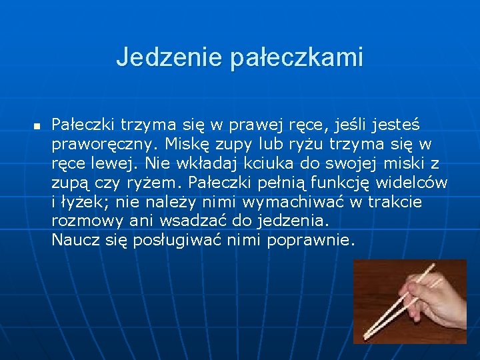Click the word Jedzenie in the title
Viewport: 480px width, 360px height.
170,57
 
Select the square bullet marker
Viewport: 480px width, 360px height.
37,125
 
